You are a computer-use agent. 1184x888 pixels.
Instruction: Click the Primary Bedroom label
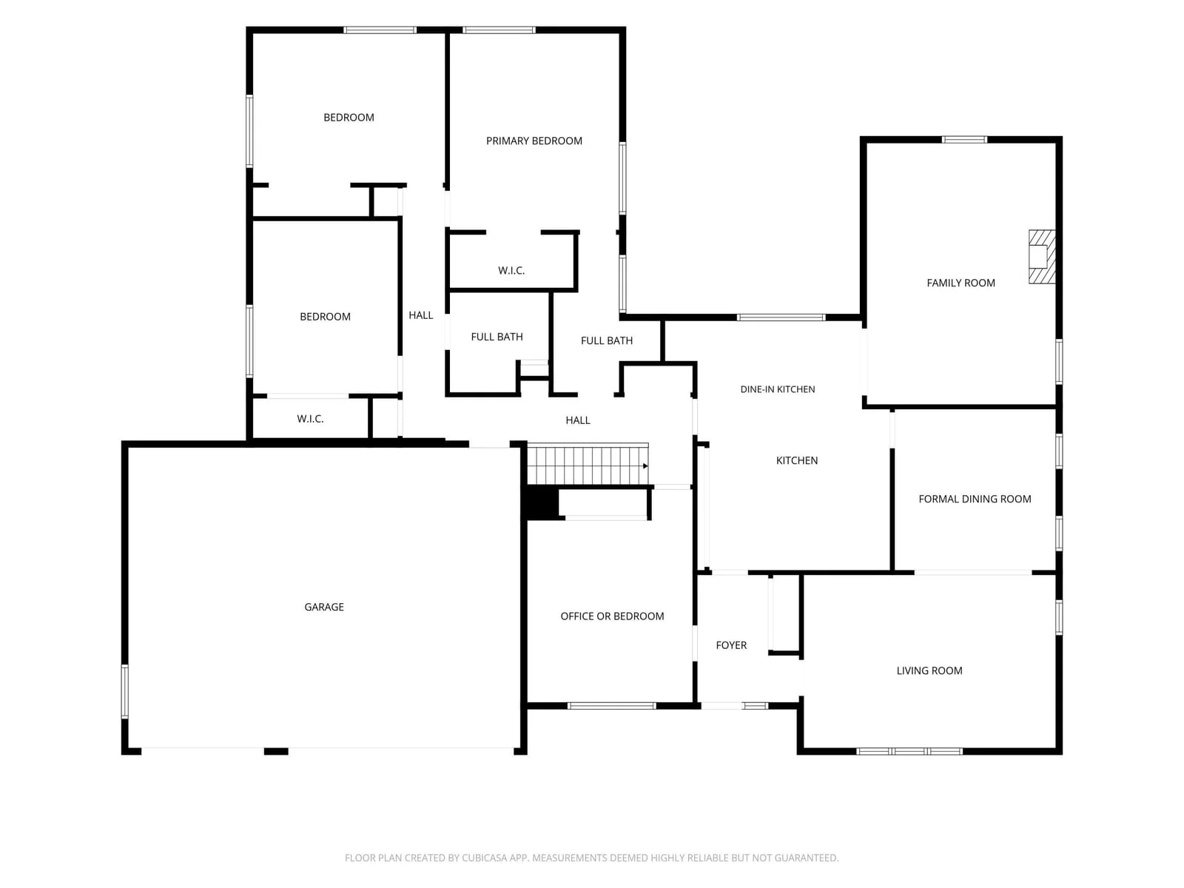coord(534,141)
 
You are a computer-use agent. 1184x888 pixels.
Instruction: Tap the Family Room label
coord(960,283)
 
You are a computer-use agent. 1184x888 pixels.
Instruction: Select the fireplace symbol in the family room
coord(1041,257)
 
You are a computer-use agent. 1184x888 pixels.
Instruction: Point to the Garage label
coord(323,607)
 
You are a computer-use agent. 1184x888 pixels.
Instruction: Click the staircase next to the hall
coord(587,464)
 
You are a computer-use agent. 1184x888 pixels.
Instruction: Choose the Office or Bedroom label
coord(612,616)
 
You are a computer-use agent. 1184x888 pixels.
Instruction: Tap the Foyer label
coord(731,645)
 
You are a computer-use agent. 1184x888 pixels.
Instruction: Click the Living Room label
coord(929,670)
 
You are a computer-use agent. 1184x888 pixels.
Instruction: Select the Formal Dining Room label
coord(974,499)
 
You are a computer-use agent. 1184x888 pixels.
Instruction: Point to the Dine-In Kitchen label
coord(777,388)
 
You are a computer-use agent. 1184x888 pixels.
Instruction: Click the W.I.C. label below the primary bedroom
coord(511,270)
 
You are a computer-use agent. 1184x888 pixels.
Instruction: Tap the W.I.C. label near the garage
coord(309,418)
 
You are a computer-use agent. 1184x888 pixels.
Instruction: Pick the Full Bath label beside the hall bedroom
coord(497,337)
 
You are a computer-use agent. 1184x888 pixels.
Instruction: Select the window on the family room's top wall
coord(964,140)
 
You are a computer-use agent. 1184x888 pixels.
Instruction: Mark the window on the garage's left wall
coord(124,690)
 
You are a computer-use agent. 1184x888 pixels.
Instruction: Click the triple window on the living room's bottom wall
coord(909,750)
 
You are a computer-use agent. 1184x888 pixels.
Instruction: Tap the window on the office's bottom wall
coord(611,705)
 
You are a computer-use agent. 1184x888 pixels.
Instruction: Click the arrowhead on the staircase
coord(645,465)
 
